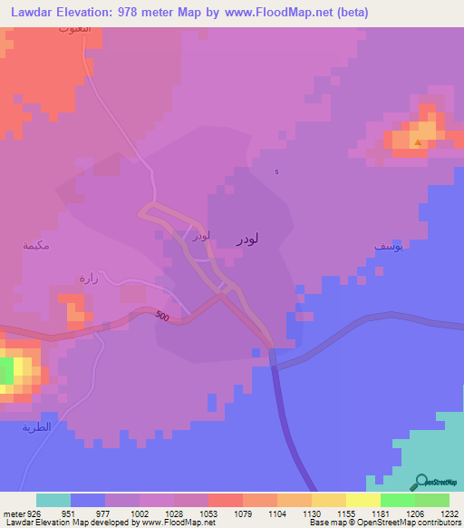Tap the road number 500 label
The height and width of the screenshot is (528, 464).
click(162, 316)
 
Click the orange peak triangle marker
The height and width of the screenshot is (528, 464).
click(417, 142)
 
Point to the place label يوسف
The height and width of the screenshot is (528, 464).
click(387, 246)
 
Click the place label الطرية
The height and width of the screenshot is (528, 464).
click(36, 427)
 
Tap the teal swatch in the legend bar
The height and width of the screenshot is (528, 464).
click(53, 500)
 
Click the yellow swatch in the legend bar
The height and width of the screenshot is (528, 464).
click(363, 500)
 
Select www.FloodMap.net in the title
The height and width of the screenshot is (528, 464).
click(276, 11)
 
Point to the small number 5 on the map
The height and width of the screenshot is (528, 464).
click(277, 172)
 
